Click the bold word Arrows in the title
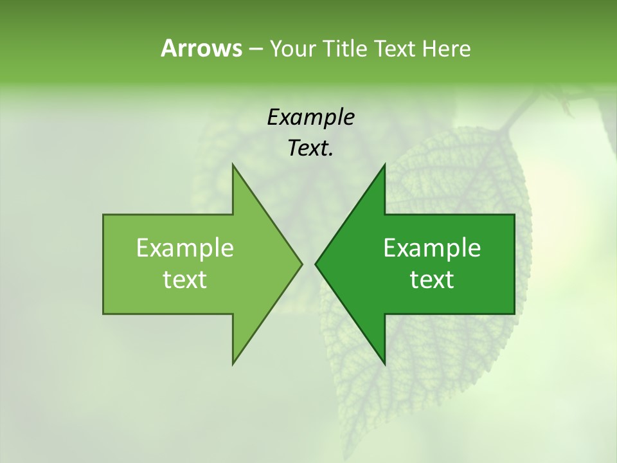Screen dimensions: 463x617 [201, 48]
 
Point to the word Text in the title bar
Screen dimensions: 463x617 [397, 49]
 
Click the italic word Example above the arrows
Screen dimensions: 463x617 [310, 118]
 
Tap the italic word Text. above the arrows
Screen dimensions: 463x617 [310, 149]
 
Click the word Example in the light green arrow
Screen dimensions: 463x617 [184, 248]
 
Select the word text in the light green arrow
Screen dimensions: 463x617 [184, 280]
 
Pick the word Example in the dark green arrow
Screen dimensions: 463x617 [432, 248]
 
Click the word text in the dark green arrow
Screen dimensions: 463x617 [432, 280]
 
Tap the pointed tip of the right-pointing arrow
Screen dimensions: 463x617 [302, 264]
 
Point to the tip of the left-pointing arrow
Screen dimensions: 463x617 [315, 264]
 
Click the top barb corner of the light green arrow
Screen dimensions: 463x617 [233, 164]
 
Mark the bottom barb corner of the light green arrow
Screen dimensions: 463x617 [233, 365]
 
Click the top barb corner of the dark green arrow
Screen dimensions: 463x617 [384, 164]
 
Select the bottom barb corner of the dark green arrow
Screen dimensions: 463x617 [384, 365]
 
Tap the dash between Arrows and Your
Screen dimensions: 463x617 [255, 50]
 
